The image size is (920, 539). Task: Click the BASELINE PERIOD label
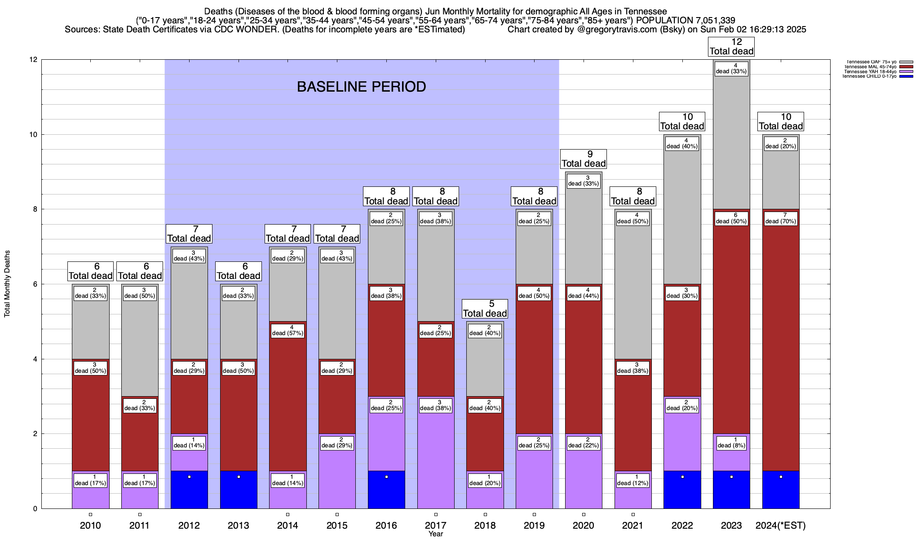click(x=361, y=87)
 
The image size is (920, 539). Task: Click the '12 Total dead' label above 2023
click(x=731, y=47)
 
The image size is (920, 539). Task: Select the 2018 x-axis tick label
click(x=485, y=526)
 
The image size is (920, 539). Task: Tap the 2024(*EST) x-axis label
click(x=781, y=526)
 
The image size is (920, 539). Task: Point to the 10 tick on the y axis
click(x=34, y=135)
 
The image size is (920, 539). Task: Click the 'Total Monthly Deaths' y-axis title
click(x=7, y=284)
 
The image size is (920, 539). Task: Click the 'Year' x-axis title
click(x=435, y=534)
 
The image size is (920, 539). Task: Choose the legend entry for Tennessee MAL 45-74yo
click(x=870, y=67)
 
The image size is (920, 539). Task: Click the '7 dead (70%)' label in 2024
click(x=781, y=218)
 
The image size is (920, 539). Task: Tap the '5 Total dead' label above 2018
click(x=485, y=309)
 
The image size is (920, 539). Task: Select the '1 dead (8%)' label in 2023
click(x=731, y=443)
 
